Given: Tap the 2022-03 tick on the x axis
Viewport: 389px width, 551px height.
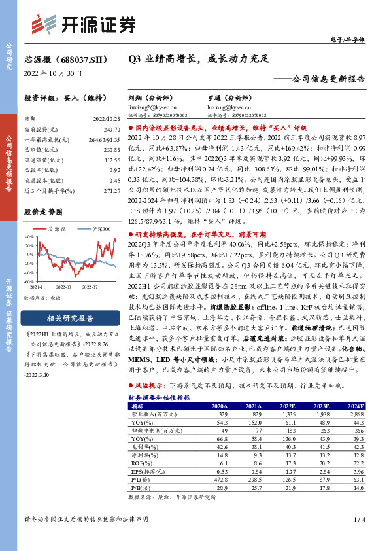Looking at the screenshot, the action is click(x=64, y=286).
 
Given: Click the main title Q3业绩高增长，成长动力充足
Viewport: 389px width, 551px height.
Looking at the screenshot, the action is click(x=199, y=58).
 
